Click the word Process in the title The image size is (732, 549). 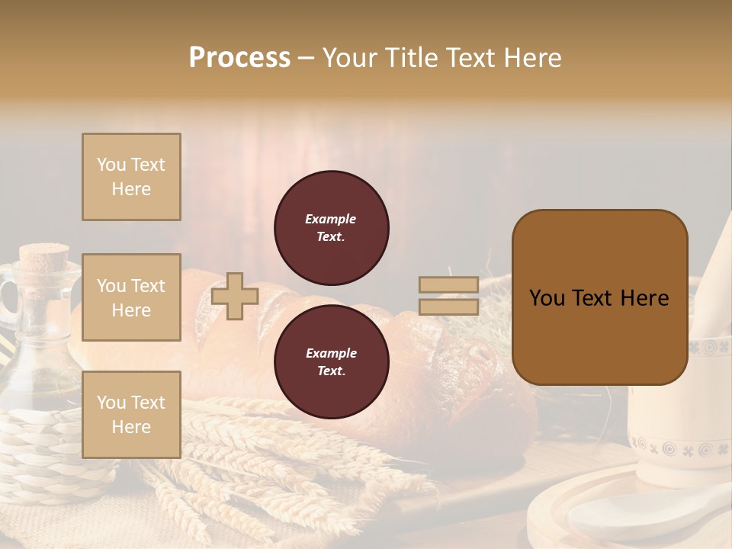[x=239, y=58]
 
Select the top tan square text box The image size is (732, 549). [x=131, y=177]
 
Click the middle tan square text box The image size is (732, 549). [x=131, y=297]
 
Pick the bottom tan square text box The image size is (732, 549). [x=131, y=414]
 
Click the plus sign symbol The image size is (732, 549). [x=235, y=296]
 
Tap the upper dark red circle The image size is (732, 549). [x=331, y=228]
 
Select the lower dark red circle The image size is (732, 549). [x=331, y=362]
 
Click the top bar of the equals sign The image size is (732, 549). [x=448, y=285]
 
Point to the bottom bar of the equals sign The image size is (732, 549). [x=448, y=307]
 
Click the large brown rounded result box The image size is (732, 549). [x=599, y=297]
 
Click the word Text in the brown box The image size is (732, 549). [x=599, y=298]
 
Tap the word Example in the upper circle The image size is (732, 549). [x=330, y=219]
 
